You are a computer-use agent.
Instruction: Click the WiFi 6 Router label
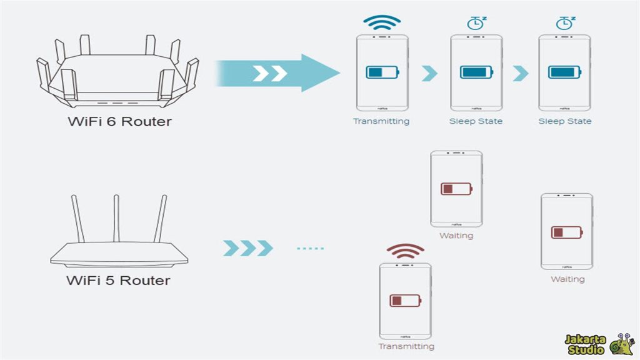(119, 121)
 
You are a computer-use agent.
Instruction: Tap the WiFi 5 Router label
(118, 280)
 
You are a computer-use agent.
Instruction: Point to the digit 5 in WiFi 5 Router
(109, 280)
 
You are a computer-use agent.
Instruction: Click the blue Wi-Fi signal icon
(382, 23)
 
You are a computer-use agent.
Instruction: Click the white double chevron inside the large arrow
(270, 73)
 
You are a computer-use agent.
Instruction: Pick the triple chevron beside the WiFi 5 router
(248, 248)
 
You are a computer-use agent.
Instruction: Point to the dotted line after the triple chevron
(311, 248)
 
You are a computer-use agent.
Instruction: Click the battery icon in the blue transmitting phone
(381, 72)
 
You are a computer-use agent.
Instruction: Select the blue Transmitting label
(381, 121)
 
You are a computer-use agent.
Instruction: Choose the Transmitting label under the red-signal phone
(406, 346)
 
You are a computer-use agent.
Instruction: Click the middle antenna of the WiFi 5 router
(116, 219)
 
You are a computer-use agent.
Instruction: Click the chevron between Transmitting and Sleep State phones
(429, 73)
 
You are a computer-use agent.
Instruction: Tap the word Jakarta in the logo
(586, 339)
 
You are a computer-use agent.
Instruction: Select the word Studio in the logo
(585, 349)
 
